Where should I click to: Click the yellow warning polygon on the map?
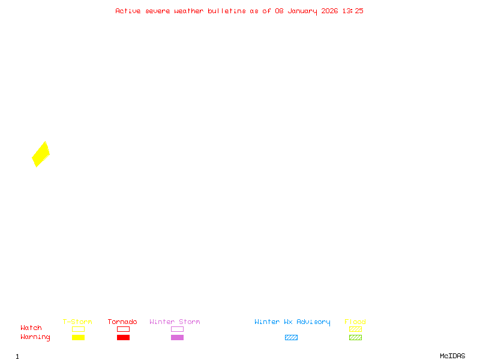point(40,154)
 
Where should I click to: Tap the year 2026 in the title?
point(330,11)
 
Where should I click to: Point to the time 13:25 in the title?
point(353,11)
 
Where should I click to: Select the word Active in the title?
point(128,11)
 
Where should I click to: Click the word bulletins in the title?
point(227,11)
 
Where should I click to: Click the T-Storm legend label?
point(77,322)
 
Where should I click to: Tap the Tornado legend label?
point(122,322)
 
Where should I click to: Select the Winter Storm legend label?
point(175,322)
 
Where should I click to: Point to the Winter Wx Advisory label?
point(292,322)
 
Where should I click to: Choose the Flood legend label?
point(355,322)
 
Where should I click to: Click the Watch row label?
point(31,328)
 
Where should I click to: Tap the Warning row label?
point(35,337)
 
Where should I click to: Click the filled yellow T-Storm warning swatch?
point(78,337)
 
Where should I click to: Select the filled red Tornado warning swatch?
point(123,337)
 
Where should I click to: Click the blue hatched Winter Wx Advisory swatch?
point(291,337)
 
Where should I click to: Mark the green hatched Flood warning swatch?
point(355,337)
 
